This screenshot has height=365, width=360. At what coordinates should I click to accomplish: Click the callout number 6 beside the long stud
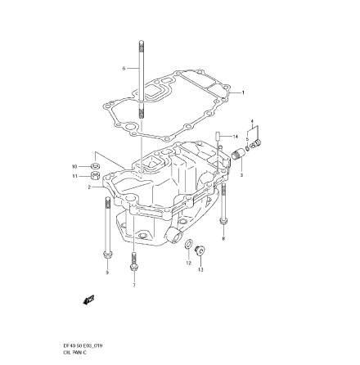pyautogui.click(x=123, y=68)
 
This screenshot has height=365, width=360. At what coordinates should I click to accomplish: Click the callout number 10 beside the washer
pyautogui.click(x=74, y=164)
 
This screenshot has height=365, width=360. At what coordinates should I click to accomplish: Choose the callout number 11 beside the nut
pyautogui.click(x=74, y=174)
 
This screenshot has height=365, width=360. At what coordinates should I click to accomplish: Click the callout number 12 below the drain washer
pyautogui.click(x=189, y=264)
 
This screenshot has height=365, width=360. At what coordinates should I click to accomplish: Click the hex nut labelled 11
pyautogui.click(x=94, y=174)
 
